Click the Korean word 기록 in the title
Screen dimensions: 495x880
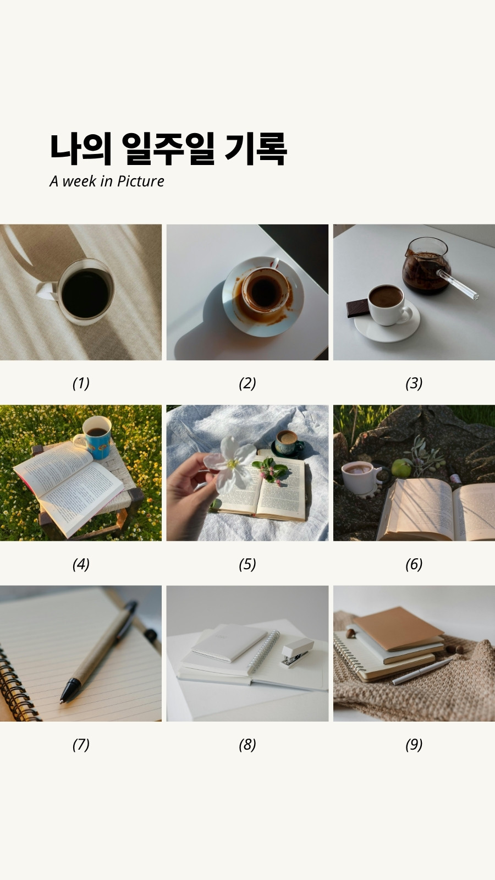(x=256, y=148)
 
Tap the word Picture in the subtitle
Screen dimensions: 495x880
(x=141, y=181)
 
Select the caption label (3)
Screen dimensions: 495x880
(x=414, y=383)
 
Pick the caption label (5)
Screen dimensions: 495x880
(x=248, y=564)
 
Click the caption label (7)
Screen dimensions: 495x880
(x=81, y=745)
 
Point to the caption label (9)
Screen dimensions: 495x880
(x=414, y=745)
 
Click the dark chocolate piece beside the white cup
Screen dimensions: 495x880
(x=358, y=308)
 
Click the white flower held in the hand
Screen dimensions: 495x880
(x=232, y=465)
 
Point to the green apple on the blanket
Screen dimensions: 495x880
(x=401, y=468)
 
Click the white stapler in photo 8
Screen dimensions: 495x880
(x=297, y=652)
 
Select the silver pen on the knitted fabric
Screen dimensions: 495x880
(x=421, y=672)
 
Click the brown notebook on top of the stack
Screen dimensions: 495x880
(x=398, y=629)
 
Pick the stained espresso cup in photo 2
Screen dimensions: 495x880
(x=266, y=289)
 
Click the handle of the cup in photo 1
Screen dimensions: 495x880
(x=47, y=291)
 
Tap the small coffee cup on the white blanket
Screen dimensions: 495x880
(x=289, y=443)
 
